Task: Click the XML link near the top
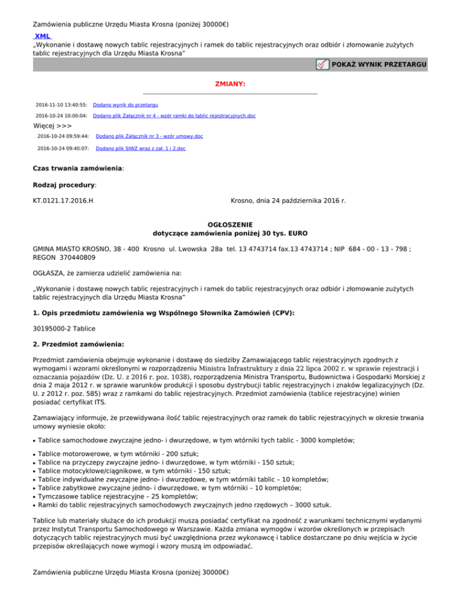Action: click(43, 36)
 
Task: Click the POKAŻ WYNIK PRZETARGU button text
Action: click(379, 64)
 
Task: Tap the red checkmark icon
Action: click(322, 64)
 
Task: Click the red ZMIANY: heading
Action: click(230, 84)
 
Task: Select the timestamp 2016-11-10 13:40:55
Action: click(62, 105)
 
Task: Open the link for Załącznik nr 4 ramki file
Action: click(174, 115)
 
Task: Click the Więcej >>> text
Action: click(52, 126)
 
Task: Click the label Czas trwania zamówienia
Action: click(78, 169)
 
